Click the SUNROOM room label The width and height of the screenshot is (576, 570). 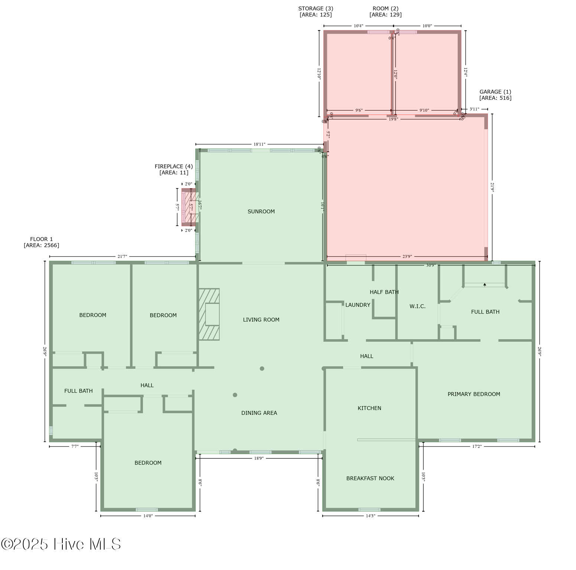261,212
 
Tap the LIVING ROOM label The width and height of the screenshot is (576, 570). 261,320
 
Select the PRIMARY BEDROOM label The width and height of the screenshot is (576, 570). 474,394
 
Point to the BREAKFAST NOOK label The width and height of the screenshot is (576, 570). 370,478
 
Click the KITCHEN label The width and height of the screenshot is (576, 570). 369,408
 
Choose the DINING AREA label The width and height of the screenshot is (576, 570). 259,413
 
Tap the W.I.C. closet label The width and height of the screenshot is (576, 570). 417,306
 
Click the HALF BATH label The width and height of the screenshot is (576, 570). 384,292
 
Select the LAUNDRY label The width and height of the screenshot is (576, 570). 358,305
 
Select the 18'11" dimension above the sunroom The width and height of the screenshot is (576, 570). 259,144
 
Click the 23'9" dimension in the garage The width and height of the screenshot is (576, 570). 407,256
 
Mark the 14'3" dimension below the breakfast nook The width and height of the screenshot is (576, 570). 370,516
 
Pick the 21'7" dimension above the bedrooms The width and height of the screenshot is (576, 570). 122,256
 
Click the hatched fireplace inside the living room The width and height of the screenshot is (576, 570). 209,314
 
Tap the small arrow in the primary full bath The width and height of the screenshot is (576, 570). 485,285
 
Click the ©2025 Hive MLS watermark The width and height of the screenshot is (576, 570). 61,544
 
